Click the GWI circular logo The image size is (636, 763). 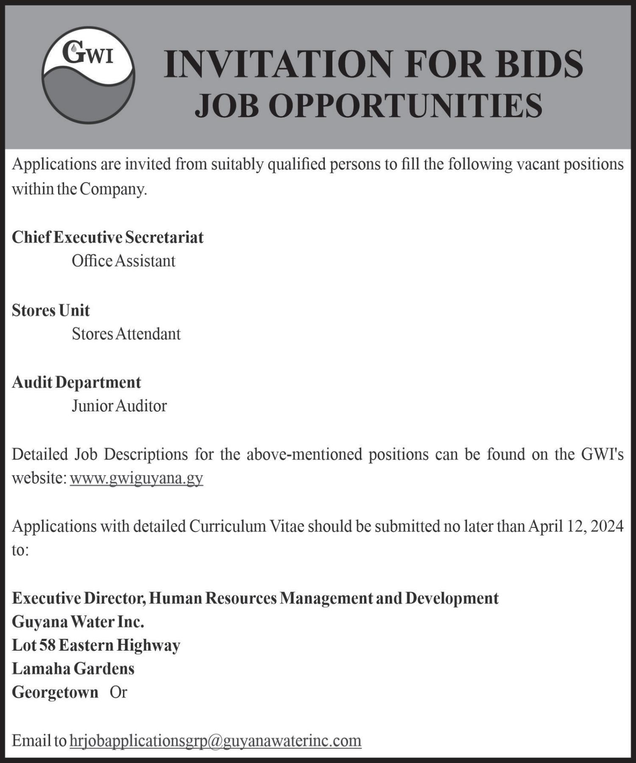click(x=88, y=75)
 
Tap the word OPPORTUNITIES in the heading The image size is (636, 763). click(x=406, y=106)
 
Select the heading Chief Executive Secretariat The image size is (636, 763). click(x=108, y=237)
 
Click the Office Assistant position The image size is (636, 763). click(x=123, y=261)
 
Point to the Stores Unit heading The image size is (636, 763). click(x=51, y=310)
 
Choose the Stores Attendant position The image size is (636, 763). click(x=126, y=334)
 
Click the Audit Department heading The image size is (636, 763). click(x=76, y=382)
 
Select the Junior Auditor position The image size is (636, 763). click(x=119, y=406)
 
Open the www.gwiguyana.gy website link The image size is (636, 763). click(x=137, y=478)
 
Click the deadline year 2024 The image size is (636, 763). click(x=607, y=526)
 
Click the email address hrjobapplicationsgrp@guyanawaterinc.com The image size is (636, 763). click(x=215, y=741)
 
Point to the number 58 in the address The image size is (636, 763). click(x=47, y=645)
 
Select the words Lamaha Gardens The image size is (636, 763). click(x=73, y=669)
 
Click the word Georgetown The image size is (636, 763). click(x=55, y=692)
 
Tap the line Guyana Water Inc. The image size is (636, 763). click(x=78, y=622)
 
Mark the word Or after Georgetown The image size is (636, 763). click(x=118, y=692)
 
